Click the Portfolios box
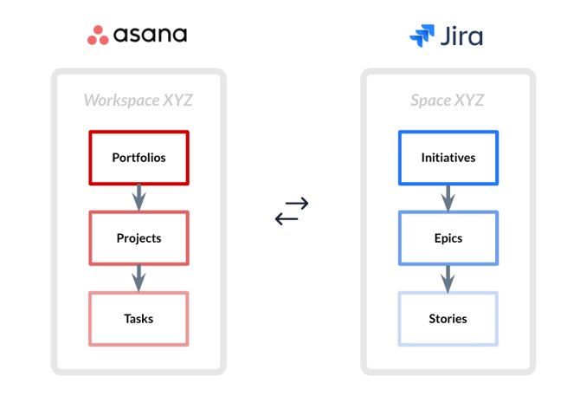pos(139,158)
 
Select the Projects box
pos(139,238)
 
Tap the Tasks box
pos(139,319)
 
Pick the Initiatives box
pos(448,158)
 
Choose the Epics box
pos(448,238)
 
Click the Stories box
pos(448,319)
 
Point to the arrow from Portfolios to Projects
pos(139,198)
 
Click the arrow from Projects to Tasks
pos(139,279)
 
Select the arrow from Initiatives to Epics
pos(448,198)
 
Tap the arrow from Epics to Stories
pos(448,279)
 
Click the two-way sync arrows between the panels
pos(292,211)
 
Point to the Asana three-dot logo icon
pos(98,36)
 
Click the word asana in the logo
pos(151,36)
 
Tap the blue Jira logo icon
pos(422,36)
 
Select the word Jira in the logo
pos(462,36)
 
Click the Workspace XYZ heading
pos(139,101)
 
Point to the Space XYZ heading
pos(447,101)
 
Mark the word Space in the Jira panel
pos(430,101)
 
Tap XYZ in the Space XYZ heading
pos(468,101)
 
